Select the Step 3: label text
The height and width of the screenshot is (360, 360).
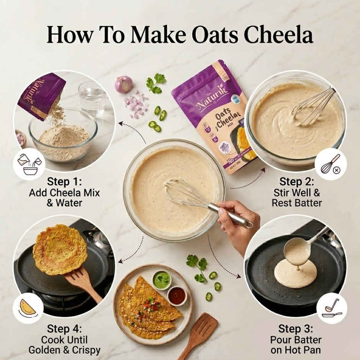pyautogui.click(x=295, y=329)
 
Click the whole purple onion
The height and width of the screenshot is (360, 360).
pyautogui.click(x=124, y=84)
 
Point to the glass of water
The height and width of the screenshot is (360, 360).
pyautogui.click(x=92, y=98)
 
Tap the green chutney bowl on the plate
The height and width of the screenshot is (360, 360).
pyautogui.click(x=162, y=280)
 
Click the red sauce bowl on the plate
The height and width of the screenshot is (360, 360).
pyautogui.click(x=177, y=296)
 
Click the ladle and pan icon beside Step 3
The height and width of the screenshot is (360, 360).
pyautogui.click(x=332, y=308)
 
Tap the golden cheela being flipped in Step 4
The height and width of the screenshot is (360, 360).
pyautogui.click(x=55, y=249)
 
